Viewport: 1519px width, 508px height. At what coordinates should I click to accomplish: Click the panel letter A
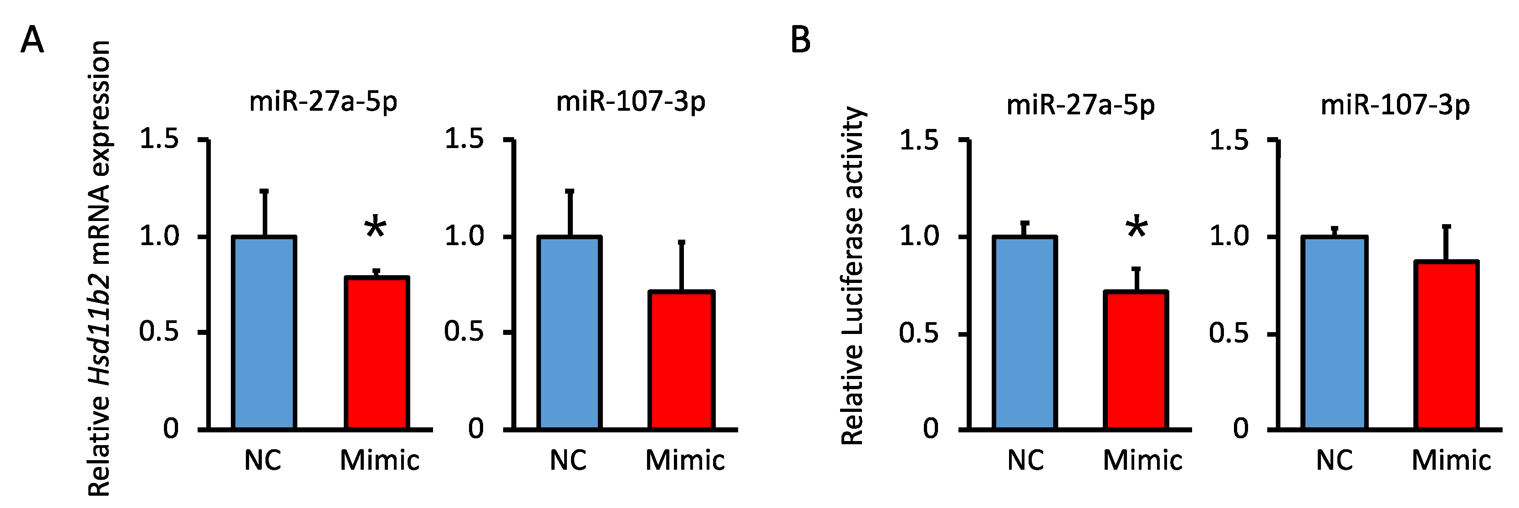coord(32,41)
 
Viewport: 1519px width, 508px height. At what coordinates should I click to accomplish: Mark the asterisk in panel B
coord(1137,229)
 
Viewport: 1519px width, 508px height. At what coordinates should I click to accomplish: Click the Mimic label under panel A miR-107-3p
coord(685,460)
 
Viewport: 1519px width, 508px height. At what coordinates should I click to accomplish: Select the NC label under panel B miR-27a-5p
coord(1025,460)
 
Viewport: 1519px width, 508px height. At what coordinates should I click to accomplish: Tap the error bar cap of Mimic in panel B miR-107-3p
coord(1446,226)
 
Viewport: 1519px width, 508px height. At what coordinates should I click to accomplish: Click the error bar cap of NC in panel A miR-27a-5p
coord(264,190)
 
